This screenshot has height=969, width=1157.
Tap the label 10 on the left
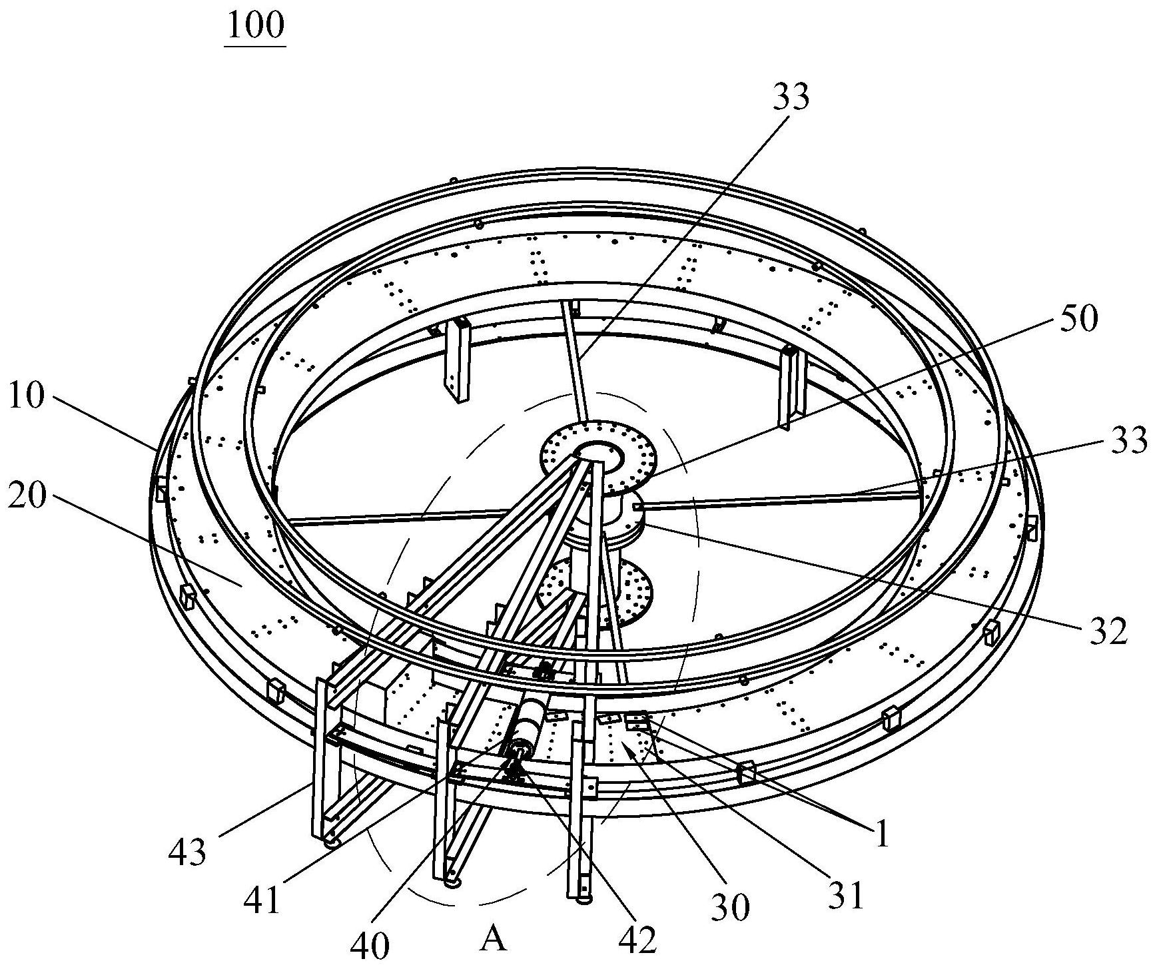[x=27, y=398]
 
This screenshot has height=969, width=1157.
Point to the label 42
[x=639, y=938]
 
